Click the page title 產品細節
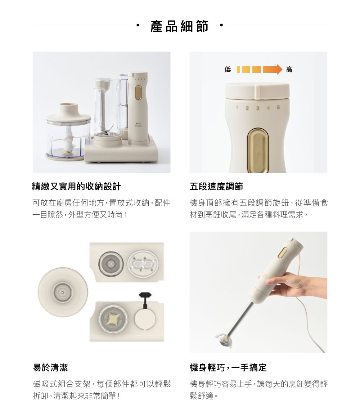point(179,26)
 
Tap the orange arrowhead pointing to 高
point(279,69)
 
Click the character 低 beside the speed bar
point(228,70)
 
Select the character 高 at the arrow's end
point(289,70)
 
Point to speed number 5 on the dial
point(278,107)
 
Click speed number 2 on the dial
point(247,108)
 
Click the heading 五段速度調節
point(216,187)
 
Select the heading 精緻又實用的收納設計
point(77,187)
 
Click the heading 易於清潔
point(50,367)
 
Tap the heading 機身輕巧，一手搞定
point(228,367)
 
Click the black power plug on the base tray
point(145,300)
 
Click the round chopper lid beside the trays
point(63,292)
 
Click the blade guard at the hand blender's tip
point(224,340)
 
